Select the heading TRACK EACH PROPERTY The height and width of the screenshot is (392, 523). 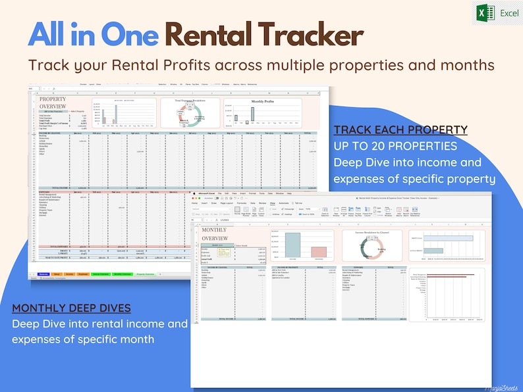tap(400, 130)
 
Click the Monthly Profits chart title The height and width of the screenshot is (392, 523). tap(261, 102)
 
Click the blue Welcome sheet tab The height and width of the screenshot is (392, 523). tap(43, 273)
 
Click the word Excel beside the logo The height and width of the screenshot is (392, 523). tap(509, 13)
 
